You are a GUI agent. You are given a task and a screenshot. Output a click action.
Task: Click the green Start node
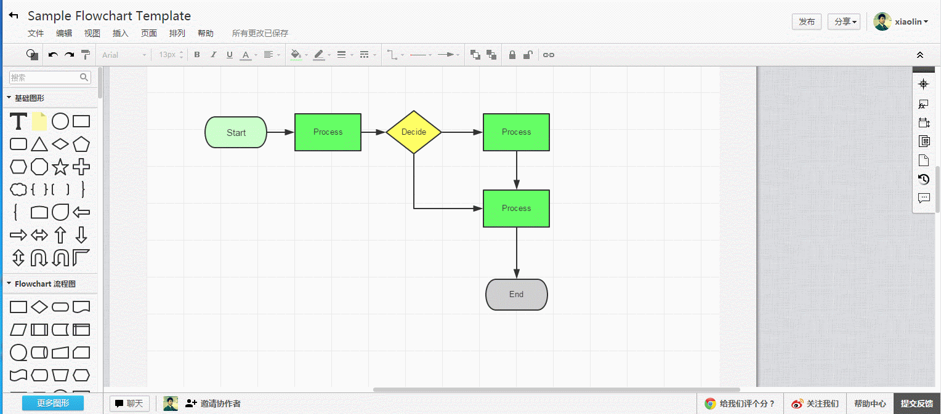click(x=236, y=132)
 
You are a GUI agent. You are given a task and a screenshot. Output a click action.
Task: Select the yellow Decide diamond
click(x=414, y=132)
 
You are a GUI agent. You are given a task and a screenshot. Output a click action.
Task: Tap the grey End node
click(x=516, y=295)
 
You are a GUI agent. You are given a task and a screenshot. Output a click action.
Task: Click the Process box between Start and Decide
click(x=328, y=132)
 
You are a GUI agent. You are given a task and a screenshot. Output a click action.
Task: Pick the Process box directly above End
click(x=516, y=209)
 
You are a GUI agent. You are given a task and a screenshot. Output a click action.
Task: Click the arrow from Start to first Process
click(x=280, y=132)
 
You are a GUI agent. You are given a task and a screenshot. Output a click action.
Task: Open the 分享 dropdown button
click(x=844, y=22)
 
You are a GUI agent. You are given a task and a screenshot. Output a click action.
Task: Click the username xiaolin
click(x=908, y=22)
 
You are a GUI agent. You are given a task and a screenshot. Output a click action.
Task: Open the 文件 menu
click(x=36, y=34)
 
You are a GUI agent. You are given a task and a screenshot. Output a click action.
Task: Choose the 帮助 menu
click(x=206, y=34)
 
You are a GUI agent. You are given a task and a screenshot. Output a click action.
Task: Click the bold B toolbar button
click(x=197, y=55)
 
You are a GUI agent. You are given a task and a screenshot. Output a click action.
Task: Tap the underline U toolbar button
click(x=230, y=55)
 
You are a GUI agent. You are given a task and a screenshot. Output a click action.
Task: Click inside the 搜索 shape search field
click(x=44, y=78)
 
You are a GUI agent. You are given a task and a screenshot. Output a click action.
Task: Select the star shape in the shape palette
click(x=60, y=167)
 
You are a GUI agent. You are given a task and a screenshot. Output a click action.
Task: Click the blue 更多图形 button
click(x=53, y=404)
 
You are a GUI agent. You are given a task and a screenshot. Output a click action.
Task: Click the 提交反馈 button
click(x=916, y=404)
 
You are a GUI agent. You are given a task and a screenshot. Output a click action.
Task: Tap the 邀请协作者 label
click(x=220, y=404)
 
